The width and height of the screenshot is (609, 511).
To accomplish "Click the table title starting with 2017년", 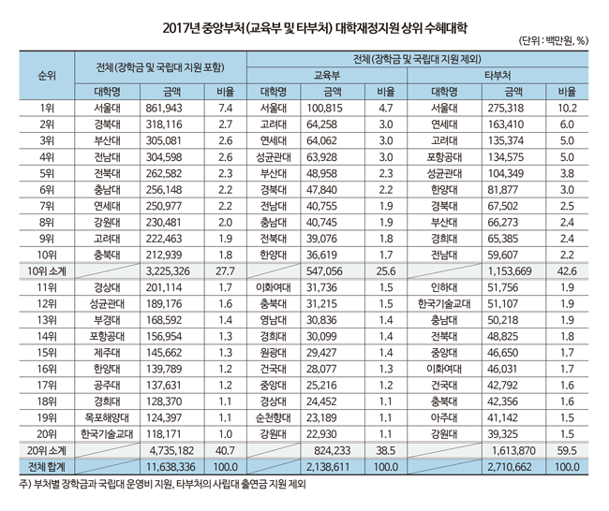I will click(x=304, y=16).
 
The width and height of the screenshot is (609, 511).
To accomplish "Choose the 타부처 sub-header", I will click(x=498, y=75).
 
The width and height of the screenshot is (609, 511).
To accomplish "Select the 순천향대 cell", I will click(x=277, y=416).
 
